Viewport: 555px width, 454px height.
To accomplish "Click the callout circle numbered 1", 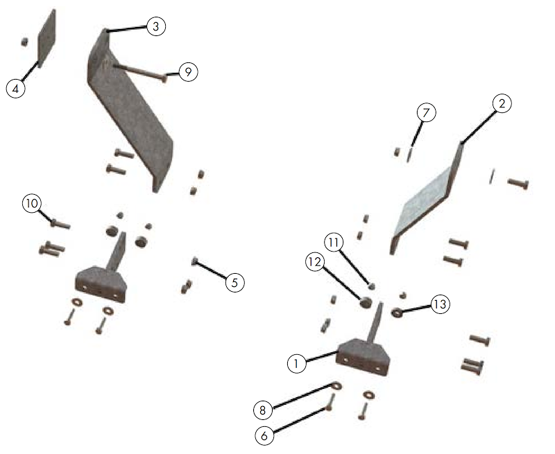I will pyautogui.click(x=295, y=362).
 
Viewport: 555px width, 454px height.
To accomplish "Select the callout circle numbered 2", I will pyautogui.click(x=502, y=103).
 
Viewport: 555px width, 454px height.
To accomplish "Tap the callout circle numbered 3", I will pyautogui.click(x=155, y=26).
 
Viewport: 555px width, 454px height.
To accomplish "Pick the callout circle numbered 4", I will pyautogui.click(x=15, y=88).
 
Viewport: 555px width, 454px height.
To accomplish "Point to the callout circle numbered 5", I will pyautogui.click(x=234, y=282).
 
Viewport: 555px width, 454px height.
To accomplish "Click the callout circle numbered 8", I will pyautogui.click(x=262, y=410).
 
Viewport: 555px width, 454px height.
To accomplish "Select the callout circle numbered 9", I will pyautogui.click(x=188, y=72).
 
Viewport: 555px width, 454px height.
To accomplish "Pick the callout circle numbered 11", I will pyautogui.click(x=335, y=242).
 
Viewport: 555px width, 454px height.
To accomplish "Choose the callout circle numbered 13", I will pyautogui.click(x=440, y=304).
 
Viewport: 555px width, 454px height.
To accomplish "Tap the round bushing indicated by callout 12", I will pyautogui.click(x=365, y=301).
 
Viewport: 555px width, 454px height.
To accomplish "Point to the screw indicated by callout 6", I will pyautogui.click(x=330, y=403).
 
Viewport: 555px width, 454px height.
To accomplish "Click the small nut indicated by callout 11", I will pyautogui.click(x=371, y=286).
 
